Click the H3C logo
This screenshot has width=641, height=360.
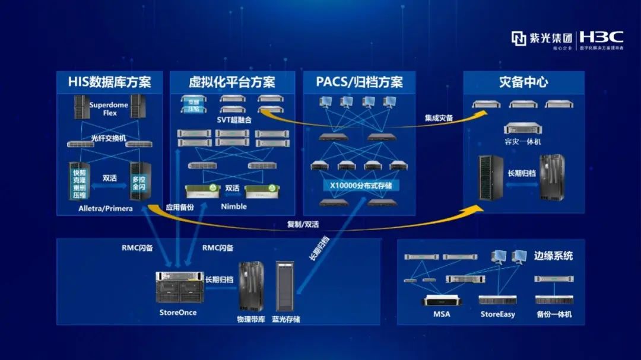pos(601,37)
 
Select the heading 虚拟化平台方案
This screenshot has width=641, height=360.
pos(232,82)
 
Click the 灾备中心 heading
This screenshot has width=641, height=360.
pos(523,82)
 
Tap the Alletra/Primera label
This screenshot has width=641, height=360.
pos(106,209)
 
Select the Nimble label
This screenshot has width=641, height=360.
pos(233,206)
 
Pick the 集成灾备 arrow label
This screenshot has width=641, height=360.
pos(439,118)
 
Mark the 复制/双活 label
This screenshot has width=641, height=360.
pos(303,224)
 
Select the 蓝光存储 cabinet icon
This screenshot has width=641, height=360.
pos(284,286)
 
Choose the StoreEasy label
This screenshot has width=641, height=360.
pos(497,314)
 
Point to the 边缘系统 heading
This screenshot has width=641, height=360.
pos(553,256)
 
